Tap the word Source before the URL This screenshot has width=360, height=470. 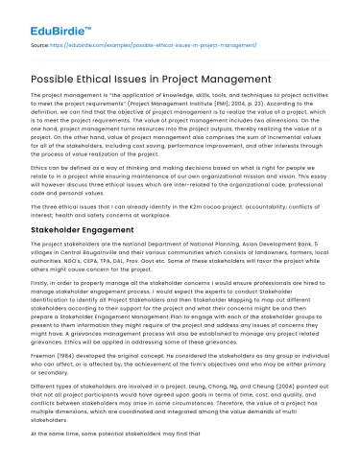[40, 44]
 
